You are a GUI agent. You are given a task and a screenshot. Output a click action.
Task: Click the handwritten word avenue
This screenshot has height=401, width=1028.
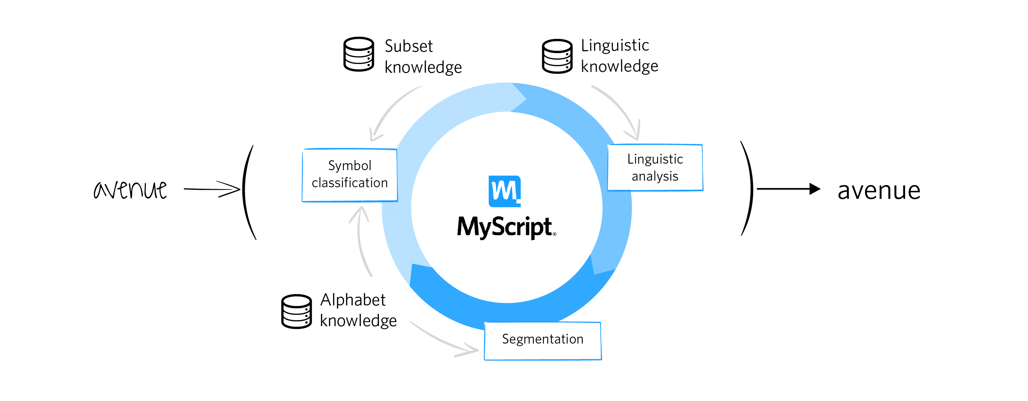[x=130, y=189]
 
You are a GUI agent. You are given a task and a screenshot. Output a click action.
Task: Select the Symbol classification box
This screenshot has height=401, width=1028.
[x=349, y=175]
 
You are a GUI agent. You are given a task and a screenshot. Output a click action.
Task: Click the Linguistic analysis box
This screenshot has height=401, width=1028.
[x=655, y=168]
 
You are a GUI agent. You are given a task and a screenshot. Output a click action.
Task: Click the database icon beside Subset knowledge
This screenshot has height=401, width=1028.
[x=359, y=54]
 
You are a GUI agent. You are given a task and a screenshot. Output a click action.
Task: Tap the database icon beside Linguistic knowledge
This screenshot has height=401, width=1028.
[x=557, y=56]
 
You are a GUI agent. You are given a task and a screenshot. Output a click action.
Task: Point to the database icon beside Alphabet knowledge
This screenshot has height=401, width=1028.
[x=296, y=312]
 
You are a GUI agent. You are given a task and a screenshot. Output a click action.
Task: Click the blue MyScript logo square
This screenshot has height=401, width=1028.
[x=504, y=191]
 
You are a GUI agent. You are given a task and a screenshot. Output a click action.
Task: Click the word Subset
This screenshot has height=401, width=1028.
[x=409, y=46]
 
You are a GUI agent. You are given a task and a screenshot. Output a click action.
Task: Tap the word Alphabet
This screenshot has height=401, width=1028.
[x=353, y=300]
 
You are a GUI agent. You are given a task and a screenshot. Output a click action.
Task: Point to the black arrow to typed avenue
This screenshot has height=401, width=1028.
[x=788, y=189]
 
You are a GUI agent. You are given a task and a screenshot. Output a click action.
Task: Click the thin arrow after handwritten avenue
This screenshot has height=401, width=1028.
[x=212, y=189]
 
